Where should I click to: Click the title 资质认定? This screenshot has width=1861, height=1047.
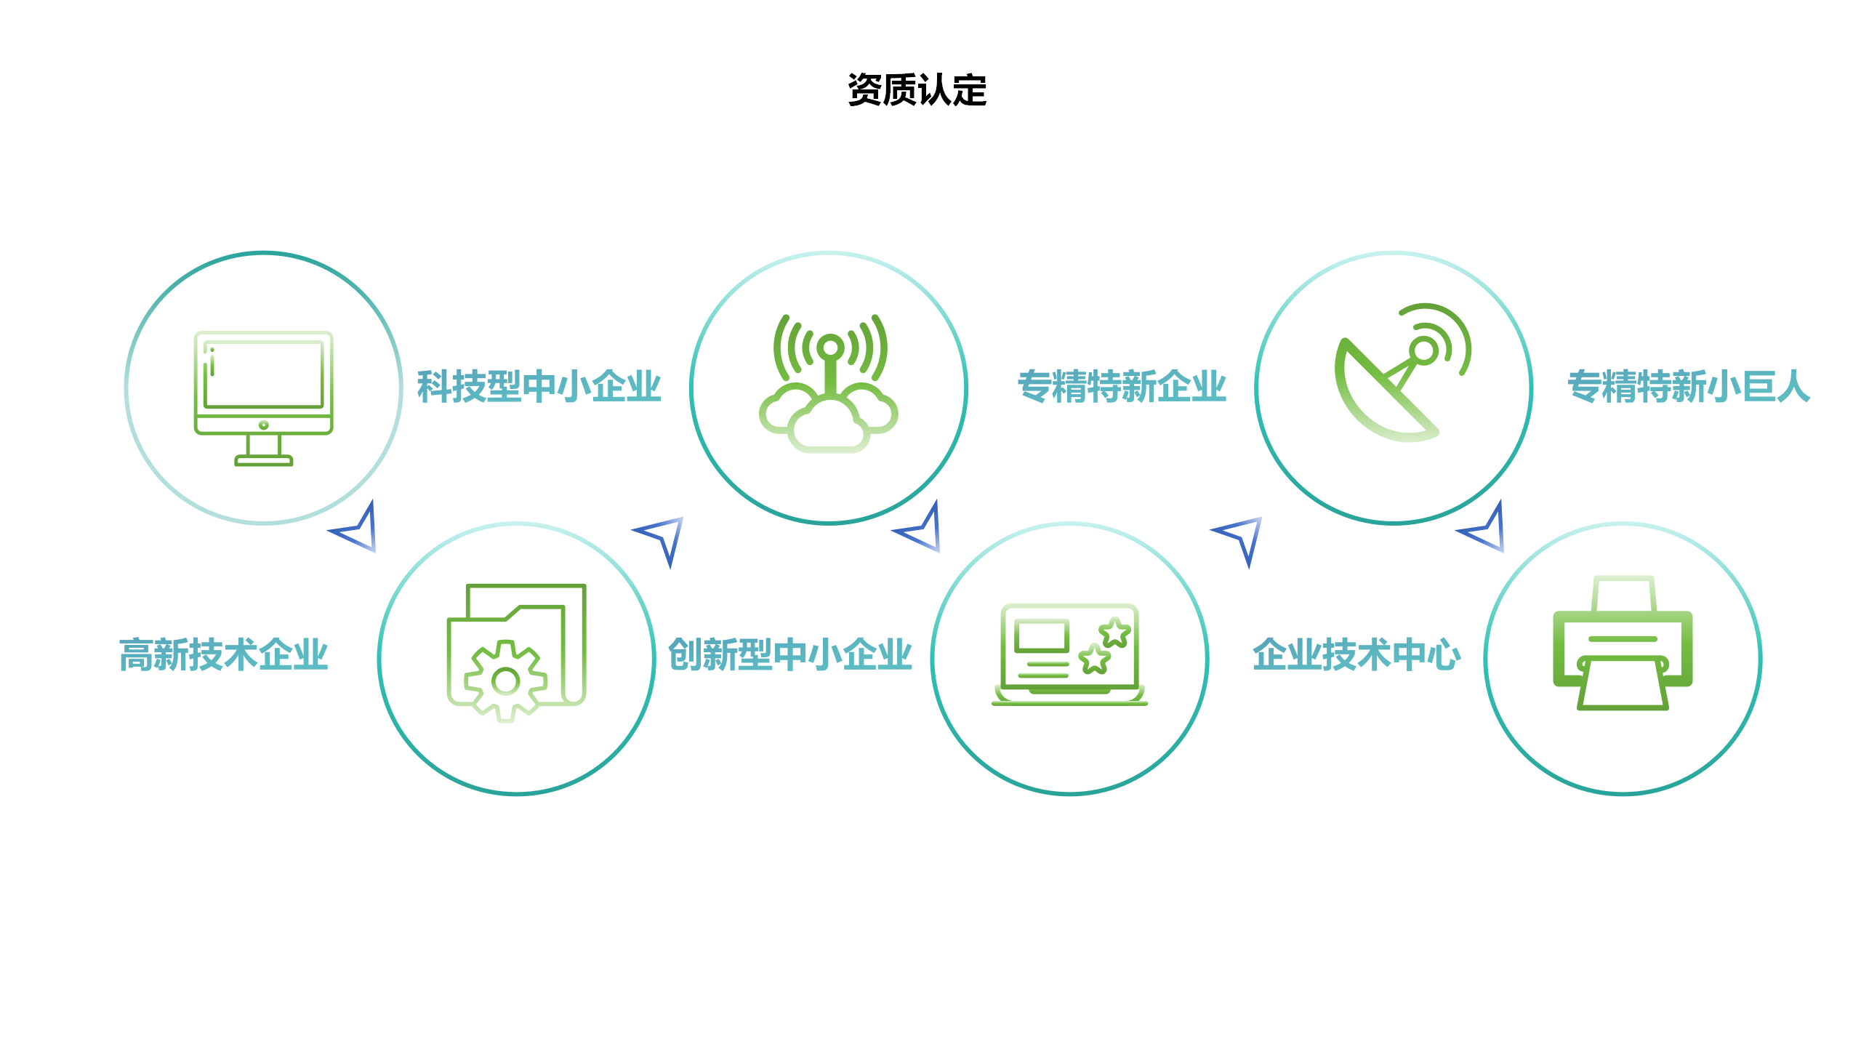coord(917,90)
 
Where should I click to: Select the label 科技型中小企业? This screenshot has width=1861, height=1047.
coord(539,386)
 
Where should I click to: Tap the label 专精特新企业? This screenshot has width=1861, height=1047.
coord(1122,386)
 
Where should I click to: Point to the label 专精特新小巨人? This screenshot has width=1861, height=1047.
coord(1689,386)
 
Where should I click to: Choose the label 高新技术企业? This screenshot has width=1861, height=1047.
coord(224,654)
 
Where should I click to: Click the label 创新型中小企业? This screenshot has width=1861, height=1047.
coord(790,654)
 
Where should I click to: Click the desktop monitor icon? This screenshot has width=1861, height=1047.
coord(263,398)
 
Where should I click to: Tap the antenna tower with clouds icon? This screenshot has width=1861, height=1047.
coord(829,384)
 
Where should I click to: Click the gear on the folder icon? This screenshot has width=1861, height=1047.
coord(506,681)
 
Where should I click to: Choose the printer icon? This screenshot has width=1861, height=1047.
coord(1623,643)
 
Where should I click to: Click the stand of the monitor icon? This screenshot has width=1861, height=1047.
coord(263,451)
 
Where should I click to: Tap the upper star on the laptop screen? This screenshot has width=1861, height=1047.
coord(1114,632)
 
